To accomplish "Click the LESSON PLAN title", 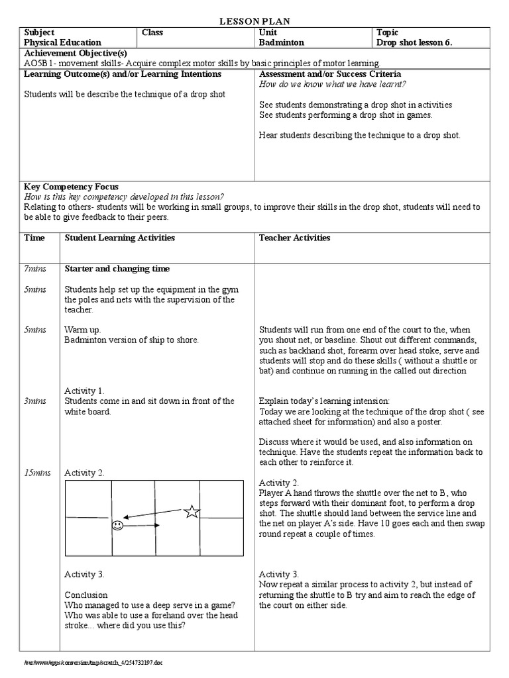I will pos(254,22).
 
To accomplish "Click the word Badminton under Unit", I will pos(282,42).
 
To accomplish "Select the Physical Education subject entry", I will pos(58,42).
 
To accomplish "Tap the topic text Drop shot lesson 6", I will pos(414,42).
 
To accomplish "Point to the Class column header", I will pos(152,32).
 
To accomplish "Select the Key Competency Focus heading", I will pos(72,187).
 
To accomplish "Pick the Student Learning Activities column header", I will pos(119,238).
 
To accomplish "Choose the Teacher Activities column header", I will pos(294,238).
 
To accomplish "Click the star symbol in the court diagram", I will pos(192,510).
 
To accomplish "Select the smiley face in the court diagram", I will pos(117,526).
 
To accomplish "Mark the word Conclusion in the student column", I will pos(86,595).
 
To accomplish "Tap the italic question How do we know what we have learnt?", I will pos(333,84).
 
